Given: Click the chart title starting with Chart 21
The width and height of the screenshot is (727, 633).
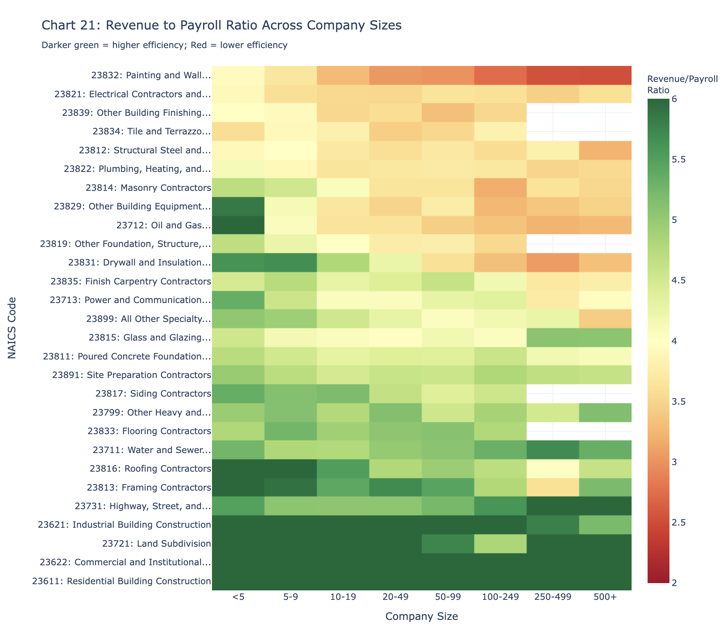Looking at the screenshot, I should (x=221, y=25).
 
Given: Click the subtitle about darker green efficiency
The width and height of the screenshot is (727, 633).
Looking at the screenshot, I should (x=165, y=45).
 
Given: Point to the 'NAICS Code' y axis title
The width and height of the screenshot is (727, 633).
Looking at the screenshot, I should (x=12, y=328).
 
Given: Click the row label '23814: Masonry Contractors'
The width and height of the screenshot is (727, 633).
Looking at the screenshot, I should (x=148, y=188).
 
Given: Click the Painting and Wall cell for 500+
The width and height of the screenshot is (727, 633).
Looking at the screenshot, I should (x=605, y=75).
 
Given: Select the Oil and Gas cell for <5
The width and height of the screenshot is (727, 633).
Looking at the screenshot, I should (x=238, y=225).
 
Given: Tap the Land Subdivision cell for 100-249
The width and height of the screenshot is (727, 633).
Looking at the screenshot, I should (x=500, y=544).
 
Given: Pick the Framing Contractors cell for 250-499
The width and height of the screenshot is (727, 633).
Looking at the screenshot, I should (x=553, y=487).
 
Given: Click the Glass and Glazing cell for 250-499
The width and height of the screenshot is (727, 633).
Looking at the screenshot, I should (x=553, y=338).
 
